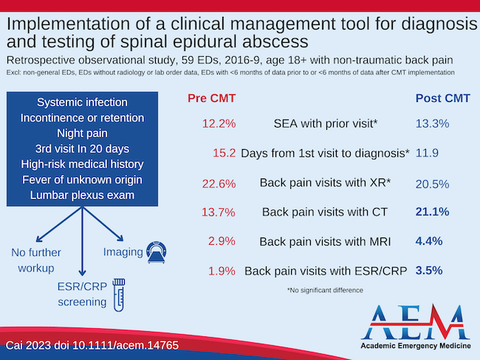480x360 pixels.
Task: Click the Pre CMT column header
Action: [211, 98]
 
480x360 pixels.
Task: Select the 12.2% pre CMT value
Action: [218, 124]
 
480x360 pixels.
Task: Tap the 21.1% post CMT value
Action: [432, 212]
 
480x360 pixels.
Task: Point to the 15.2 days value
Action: [223, 153]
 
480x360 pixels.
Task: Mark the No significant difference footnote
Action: [325, 291]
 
